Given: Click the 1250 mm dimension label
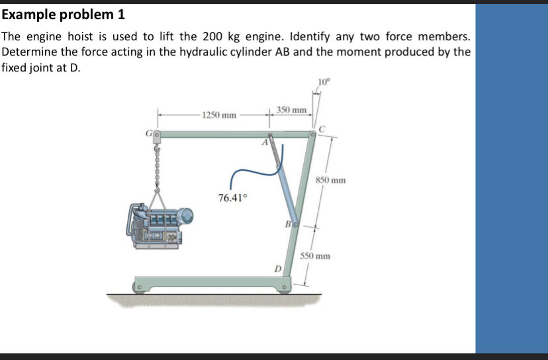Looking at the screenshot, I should click(x=219, y=115).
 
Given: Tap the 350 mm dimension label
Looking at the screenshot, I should click(x=291, y=109).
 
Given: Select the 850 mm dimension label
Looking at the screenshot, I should click(x=330, y=180).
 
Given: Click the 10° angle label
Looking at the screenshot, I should click(x=323, y=82).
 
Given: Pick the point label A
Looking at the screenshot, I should click(x=264, y=142).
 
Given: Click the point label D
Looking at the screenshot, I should click(x=279, y=269).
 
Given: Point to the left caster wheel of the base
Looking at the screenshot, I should click(x=140, y=288).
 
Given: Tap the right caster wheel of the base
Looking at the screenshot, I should click(x=284, y=288).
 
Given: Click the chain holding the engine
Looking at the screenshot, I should click(x=157, y=165).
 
